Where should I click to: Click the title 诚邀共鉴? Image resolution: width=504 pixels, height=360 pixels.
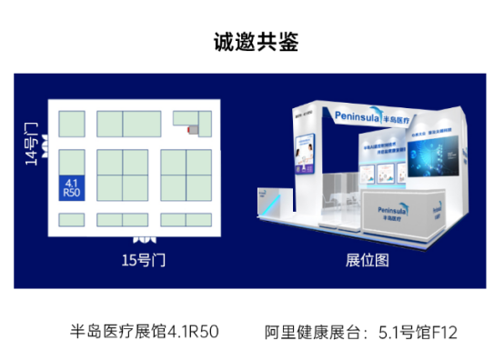253,43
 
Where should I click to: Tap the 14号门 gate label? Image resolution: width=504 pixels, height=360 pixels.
33,145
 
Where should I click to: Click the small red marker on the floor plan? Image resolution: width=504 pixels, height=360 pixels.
190,131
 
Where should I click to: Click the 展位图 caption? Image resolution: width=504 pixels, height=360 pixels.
368,260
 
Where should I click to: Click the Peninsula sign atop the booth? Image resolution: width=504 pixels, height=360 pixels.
373,115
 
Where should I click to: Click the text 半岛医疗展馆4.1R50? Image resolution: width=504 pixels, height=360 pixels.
146,332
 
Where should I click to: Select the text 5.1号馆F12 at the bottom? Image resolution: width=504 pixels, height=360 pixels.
418,332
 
